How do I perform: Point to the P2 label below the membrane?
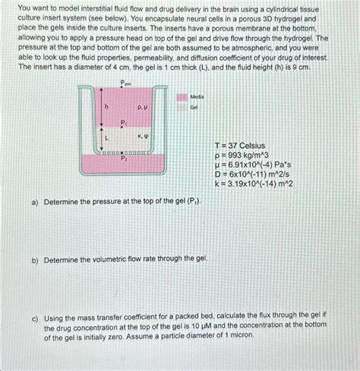coord(125,159)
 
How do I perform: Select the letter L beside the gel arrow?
coord(106,139)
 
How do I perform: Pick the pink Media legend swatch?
coord(182,96)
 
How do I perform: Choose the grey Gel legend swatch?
coord(182,108)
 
